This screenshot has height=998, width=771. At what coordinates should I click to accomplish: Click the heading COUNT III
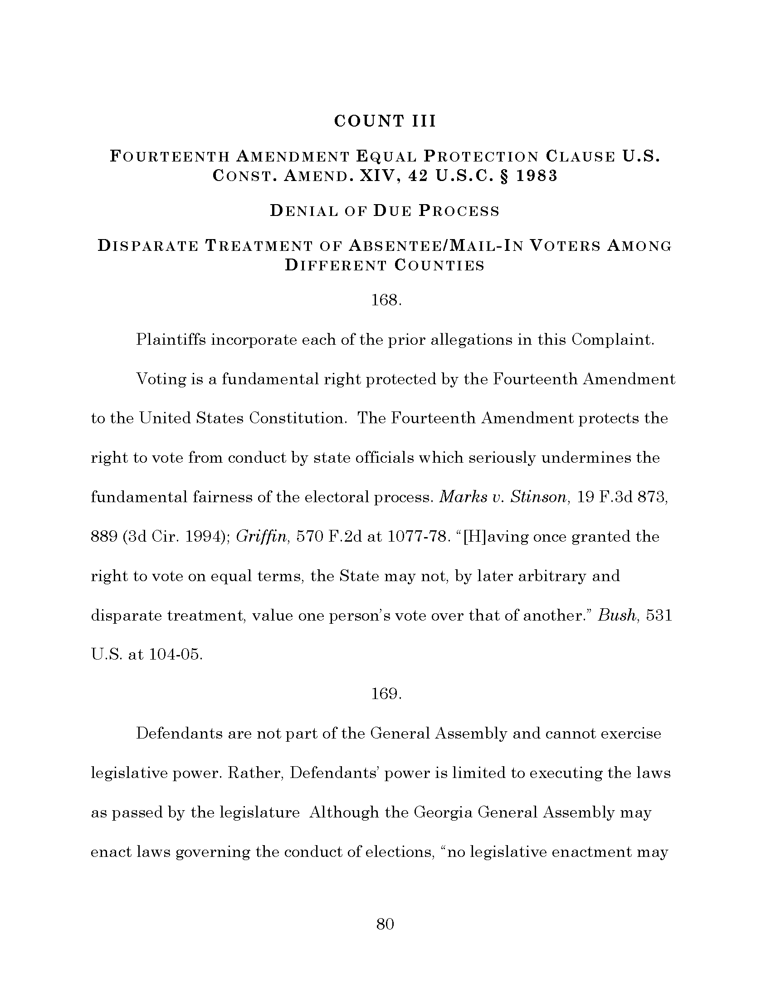click(385, 121)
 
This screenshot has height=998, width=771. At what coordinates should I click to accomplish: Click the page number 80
click(385, 924)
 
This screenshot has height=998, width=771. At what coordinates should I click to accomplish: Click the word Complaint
click(613, 340)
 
